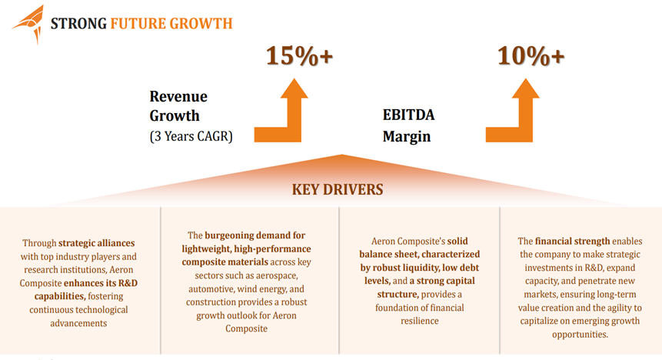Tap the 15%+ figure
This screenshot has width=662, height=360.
300,55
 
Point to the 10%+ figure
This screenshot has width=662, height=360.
531,55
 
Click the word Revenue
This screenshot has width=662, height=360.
178,97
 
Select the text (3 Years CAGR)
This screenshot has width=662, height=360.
191,137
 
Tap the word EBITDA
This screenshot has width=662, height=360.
408,115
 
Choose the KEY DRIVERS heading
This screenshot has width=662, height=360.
337,188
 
